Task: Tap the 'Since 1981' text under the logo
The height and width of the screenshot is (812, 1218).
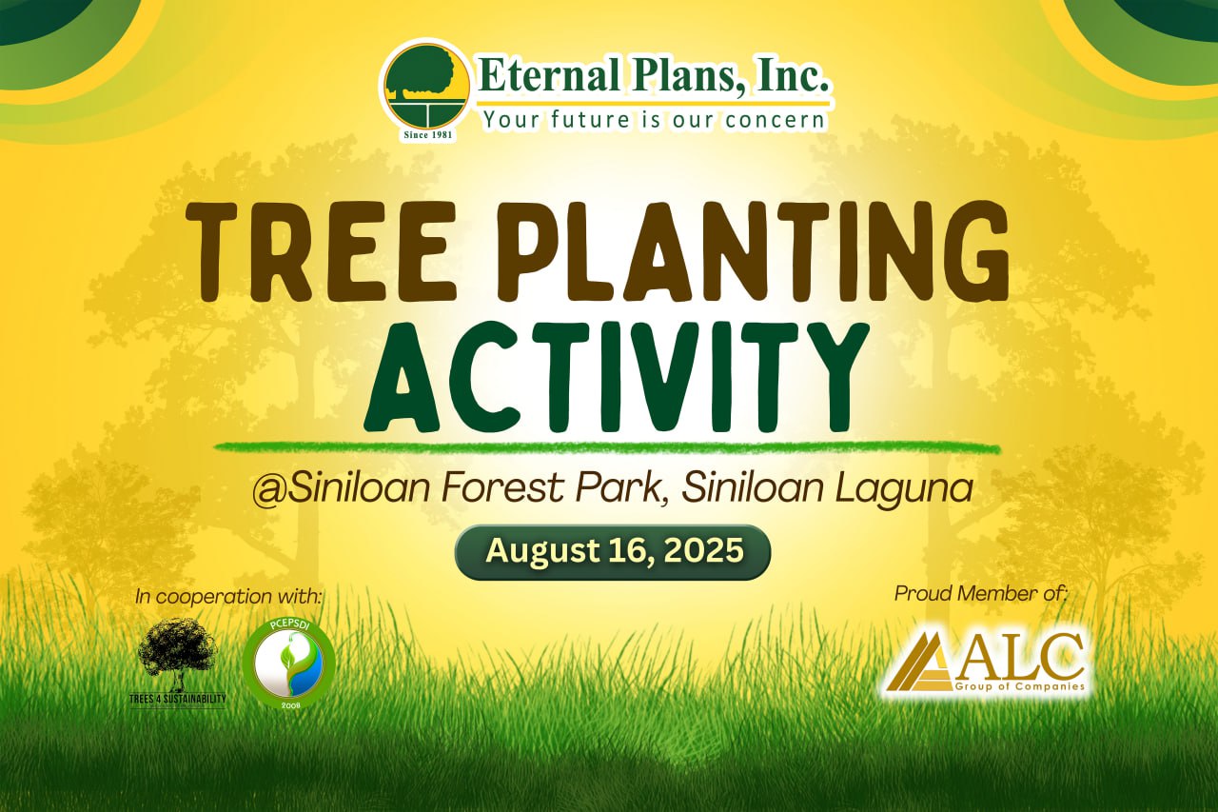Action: click(x=427, y=135)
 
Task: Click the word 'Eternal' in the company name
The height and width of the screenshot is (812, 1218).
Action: click(x=550, y=76)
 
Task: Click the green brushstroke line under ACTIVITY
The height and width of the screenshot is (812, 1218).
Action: click(x=607, y=447)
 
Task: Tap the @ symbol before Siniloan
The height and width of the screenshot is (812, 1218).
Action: click(x=270, y=491)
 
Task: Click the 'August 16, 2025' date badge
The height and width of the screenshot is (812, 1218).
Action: click(x=613, y=551)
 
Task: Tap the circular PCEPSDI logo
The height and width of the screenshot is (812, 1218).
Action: click(x=288, y=663)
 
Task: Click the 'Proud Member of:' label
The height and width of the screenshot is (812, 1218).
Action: click(x=981, y=593)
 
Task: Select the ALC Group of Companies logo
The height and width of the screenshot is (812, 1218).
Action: click(x=984, y=663)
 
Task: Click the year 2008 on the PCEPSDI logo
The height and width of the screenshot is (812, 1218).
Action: click(x=288, y=703)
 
